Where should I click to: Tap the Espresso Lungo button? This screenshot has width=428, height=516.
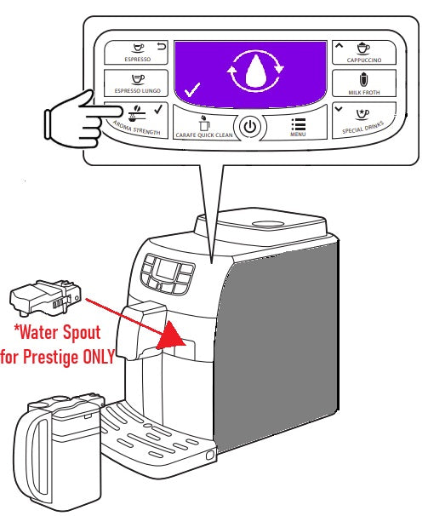(136, 83)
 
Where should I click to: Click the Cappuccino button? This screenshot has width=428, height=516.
(364, 52)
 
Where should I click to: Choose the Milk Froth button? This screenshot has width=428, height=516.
(364, 83)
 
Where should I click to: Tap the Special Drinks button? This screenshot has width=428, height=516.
(363, 120)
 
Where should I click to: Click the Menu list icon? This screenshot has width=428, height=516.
(298, 124)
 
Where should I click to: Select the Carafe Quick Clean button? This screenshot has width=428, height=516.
(204, 124)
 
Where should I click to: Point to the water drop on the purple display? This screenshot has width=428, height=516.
(255, 71)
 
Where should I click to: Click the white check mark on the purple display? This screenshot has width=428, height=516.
(192, 89)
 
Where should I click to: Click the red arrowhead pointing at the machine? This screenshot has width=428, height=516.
(171, 336)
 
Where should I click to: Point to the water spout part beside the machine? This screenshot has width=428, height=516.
(45, 297)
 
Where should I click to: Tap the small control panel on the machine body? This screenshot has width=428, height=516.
(167, 274)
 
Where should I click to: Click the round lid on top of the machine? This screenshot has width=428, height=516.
(268, 223)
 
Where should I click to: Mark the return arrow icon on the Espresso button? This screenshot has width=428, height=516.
(161, 46)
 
